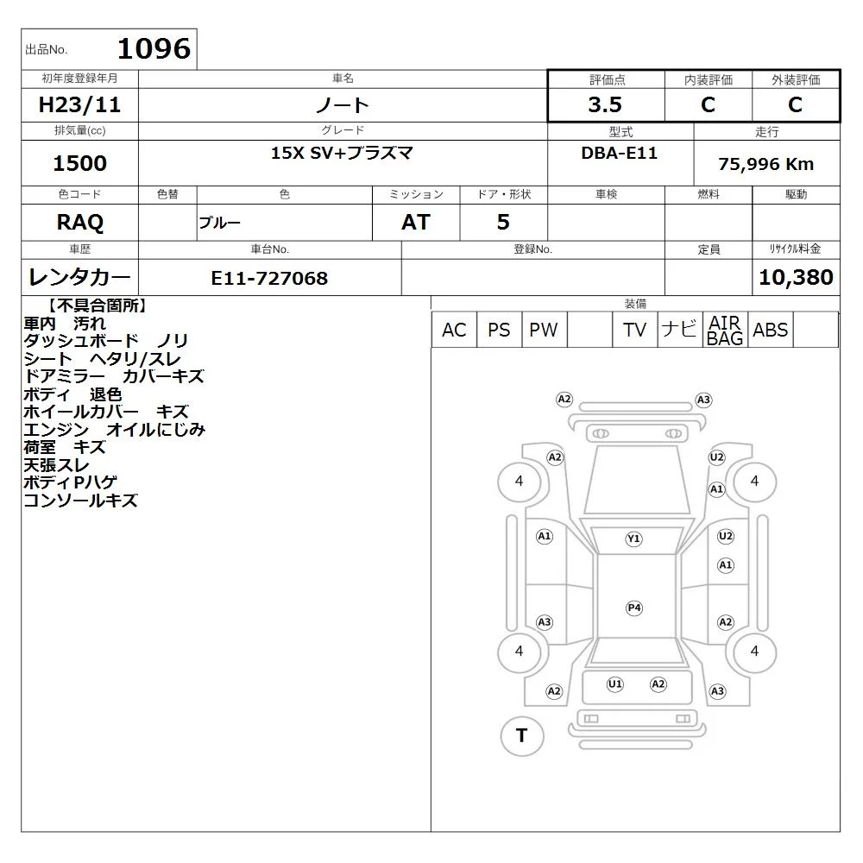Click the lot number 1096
[154, 48]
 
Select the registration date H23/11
[79, 104]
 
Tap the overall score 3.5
[605, 104]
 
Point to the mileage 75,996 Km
[765, 164]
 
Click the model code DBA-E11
[619, 153]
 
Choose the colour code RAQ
[79, 223]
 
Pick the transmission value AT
[416, 223]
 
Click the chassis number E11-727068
[269, 278]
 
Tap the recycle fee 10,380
[796, 277]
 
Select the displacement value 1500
[79, 163]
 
